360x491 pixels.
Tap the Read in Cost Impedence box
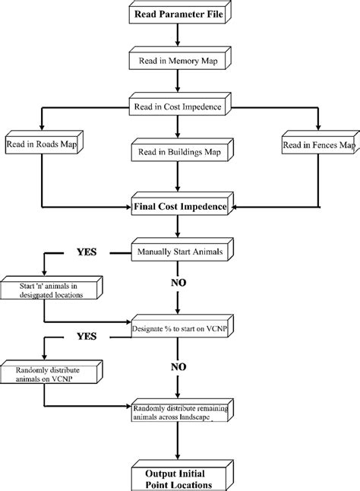tap(177, 107)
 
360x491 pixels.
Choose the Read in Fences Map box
tap(317, 144)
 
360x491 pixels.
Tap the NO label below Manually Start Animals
tap(177, 283)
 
